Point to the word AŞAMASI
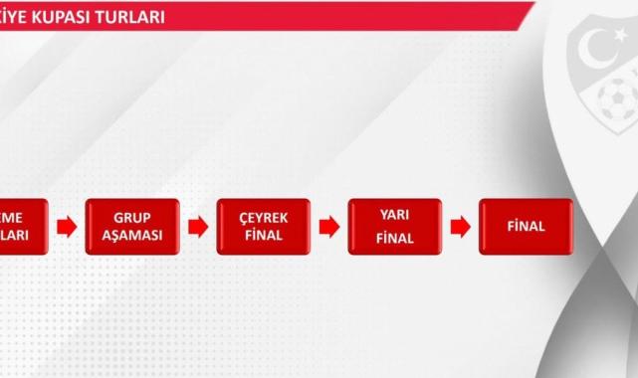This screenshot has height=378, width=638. click(132, 236)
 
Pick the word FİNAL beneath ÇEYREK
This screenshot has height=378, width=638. click(263, 236)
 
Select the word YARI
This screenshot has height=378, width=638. click(394, 214)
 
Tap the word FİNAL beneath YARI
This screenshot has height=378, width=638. click(394, 239)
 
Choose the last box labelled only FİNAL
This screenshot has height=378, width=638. click(526, 227)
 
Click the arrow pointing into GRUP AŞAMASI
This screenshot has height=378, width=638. click(67, 227)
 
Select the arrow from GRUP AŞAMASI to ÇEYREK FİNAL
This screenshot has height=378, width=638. click(198, 227)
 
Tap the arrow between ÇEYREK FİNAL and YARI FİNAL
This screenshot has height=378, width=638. click(328, 227)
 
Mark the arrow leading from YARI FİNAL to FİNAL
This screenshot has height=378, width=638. click(460, 227)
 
